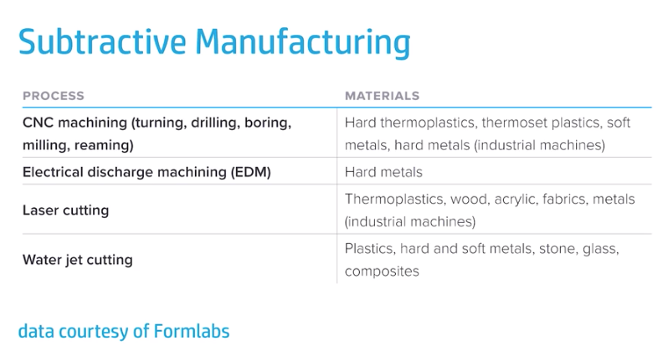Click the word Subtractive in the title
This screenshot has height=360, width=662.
click(102, 41)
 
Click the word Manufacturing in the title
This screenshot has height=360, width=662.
click(303, 43)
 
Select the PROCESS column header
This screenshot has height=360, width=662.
click(54, 96)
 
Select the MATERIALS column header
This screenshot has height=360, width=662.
click(382, 96)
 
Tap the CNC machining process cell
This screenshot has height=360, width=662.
click(157, 133)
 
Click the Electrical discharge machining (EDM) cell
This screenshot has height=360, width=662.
click(147, 172)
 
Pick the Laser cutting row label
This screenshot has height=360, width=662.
click(66, 210)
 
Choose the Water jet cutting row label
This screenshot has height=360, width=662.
click(77, 260)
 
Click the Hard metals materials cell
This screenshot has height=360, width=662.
click(384, 172)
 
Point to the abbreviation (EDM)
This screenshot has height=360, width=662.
click(251, 172)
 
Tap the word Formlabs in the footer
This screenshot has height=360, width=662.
click(191, 331)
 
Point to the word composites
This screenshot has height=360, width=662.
click(382, 271)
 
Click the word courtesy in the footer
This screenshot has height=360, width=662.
click(93, 332)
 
